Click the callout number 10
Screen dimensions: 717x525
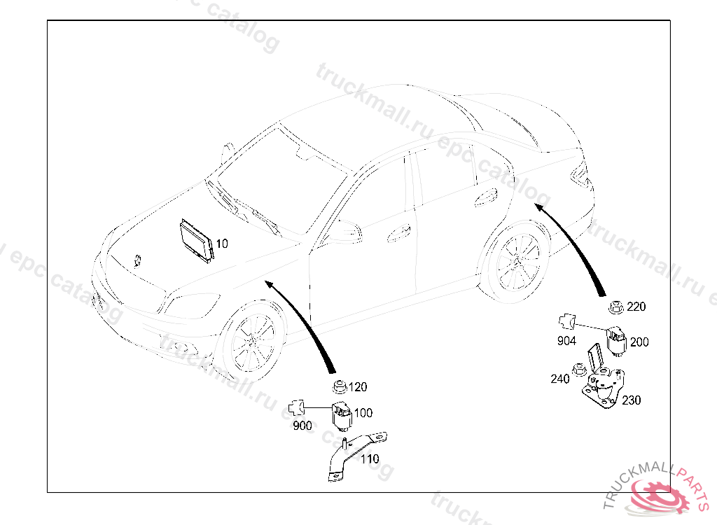click(x=222, y=244)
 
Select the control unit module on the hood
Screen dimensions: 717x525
click(x=197, y=241)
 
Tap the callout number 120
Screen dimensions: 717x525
click(x=358, y=387)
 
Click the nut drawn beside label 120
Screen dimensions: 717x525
click(x=339, y=387)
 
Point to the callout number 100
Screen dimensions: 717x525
click(x=363, y=413)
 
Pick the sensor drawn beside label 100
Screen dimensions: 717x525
click(x=342, y=416)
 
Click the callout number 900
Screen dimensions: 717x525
click(x=302, y=426)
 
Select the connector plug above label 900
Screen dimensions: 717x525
click(x=296, y=407)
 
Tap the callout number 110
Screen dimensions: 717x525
click(x=370, y=458)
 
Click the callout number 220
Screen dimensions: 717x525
click(x=636, y=307)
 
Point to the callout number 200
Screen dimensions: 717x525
click(x=639, y=342)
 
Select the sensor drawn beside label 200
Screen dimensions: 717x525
click(x=616, y=341)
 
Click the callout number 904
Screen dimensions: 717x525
click(x=566, y=341)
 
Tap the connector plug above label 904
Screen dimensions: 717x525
click(x=567, y=321)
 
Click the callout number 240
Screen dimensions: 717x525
click(x=559, y=379)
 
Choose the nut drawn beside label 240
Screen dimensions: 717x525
click(x=579, y=370)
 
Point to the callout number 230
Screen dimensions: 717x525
click(x=631, y=400)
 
